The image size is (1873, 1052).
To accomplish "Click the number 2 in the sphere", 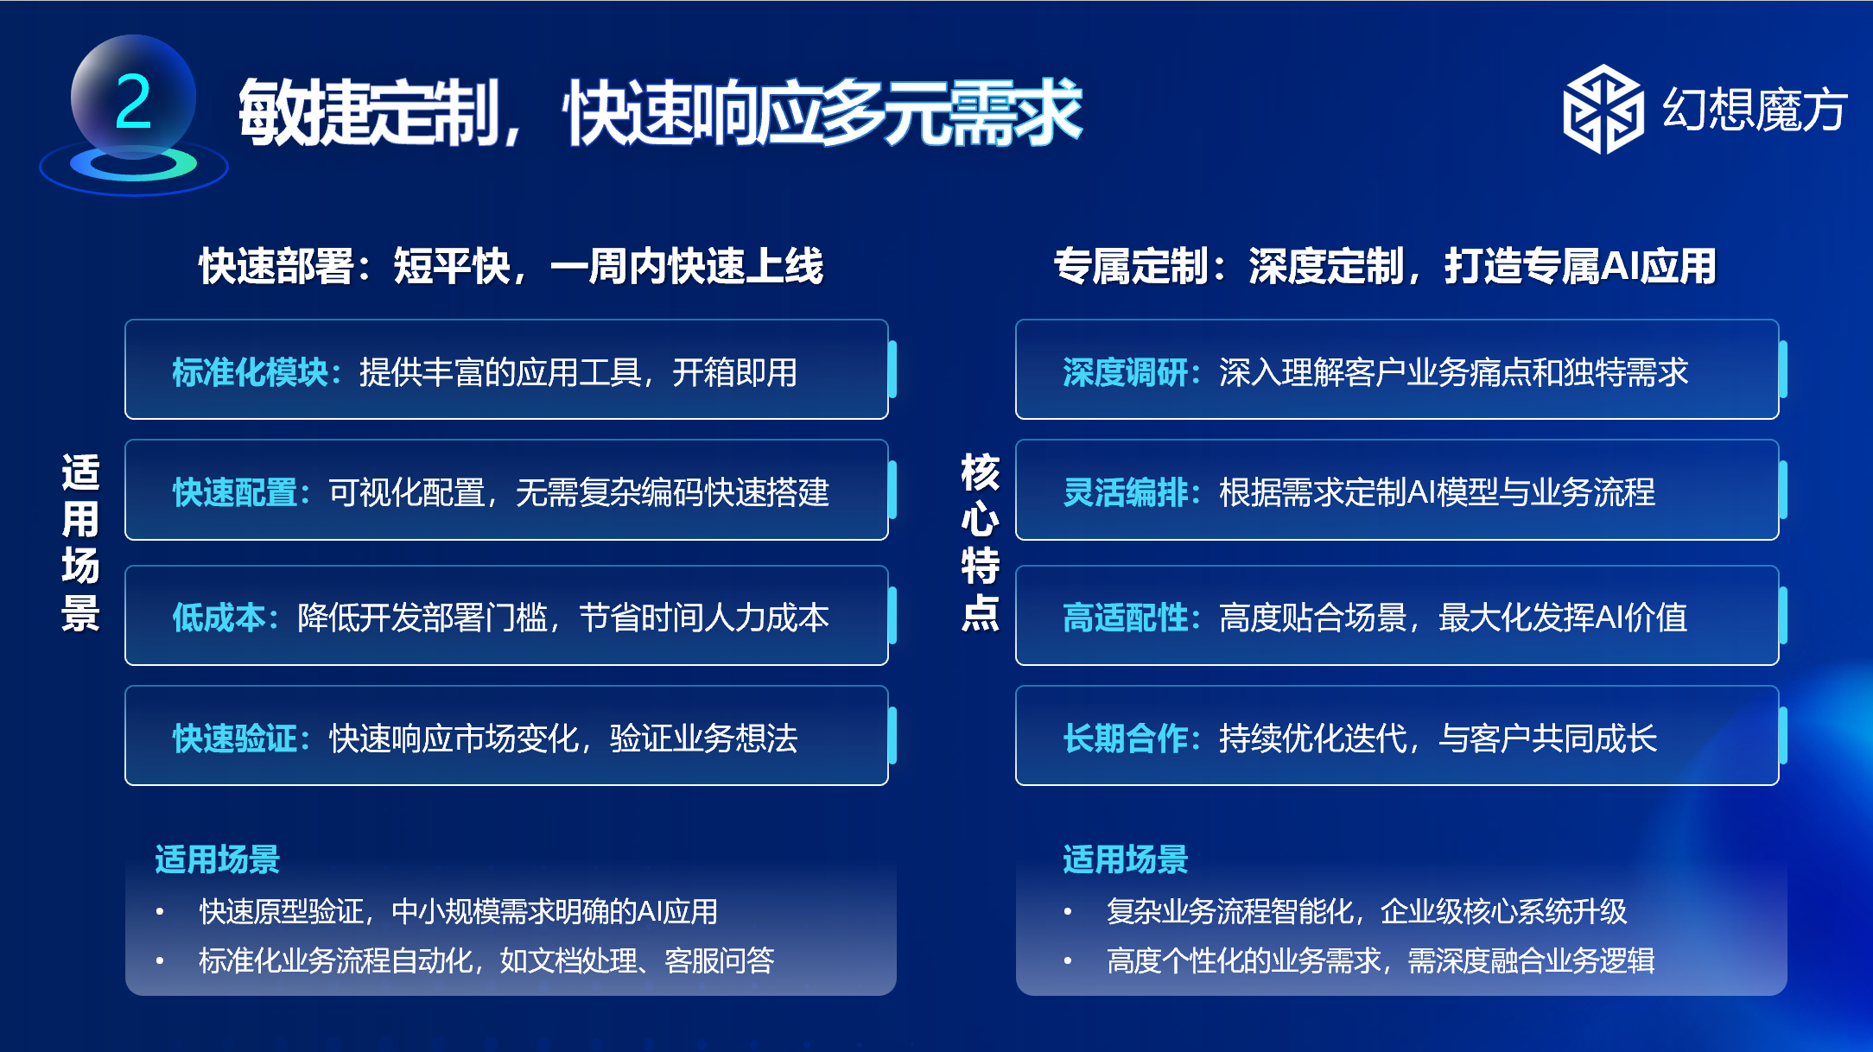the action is [133, 102].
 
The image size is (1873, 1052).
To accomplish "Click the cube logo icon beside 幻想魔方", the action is [1603, 110].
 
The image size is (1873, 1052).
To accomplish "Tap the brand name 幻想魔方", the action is [1755, 110].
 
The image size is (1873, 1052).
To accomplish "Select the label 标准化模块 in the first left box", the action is [250, 372].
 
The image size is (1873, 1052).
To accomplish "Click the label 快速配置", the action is [234, 492].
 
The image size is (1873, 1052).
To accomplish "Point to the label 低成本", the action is [219, 618].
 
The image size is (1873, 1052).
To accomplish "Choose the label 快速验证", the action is [234, 738].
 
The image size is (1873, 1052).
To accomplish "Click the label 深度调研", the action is [1125, 372].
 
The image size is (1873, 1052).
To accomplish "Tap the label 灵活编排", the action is [1125, 492].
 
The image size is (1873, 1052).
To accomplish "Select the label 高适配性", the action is [1125, 618].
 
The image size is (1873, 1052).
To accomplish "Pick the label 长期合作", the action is [1125, 738].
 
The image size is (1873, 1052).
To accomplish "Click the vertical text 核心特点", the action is [981, 542].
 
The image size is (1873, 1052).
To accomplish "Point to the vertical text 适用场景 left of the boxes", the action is [80, 542].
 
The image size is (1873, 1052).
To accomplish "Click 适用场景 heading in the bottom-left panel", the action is [218, 859].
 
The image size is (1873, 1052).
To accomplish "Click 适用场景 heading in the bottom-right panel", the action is [1126, 859].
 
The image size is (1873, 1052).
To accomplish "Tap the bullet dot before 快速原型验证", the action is [160, 911].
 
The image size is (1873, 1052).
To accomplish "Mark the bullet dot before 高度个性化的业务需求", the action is [1068, 960].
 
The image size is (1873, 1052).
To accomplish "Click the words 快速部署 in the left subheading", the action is [276, 266].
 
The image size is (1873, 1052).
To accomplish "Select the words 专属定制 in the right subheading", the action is [1131, 266].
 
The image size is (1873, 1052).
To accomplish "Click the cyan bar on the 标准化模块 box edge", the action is [892, 370].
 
